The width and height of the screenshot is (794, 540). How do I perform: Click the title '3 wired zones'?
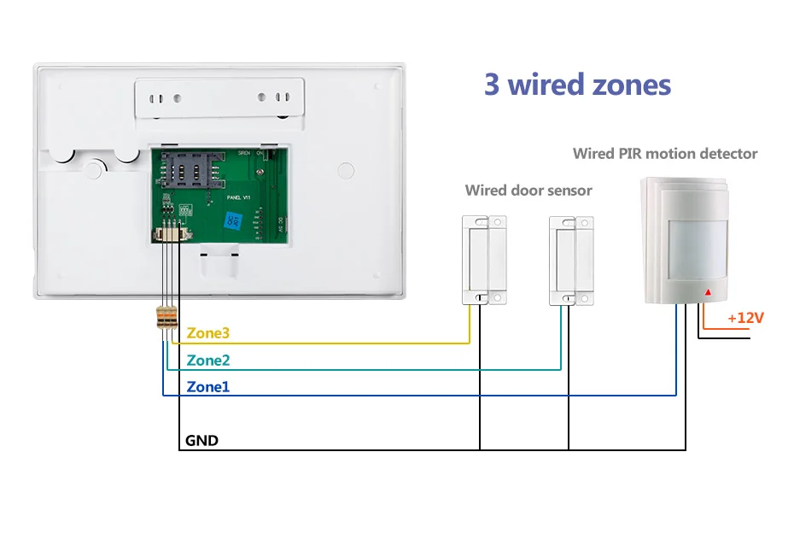577,85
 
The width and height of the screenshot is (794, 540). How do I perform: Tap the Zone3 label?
208,333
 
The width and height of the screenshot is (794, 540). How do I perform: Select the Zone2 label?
208,361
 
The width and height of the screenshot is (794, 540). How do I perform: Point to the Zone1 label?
208,387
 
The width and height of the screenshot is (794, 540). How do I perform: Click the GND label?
201,441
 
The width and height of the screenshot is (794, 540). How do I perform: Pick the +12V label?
745,318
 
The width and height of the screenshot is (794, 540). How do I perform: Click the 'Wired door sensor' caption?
528,190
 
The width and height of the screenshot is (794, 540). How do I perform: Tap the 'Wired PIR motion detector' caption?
665,154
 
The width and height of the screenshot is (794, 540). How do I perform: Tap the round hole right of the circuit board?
346,170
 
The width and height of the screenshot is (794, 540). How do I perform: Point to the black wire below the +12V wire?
724,339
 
